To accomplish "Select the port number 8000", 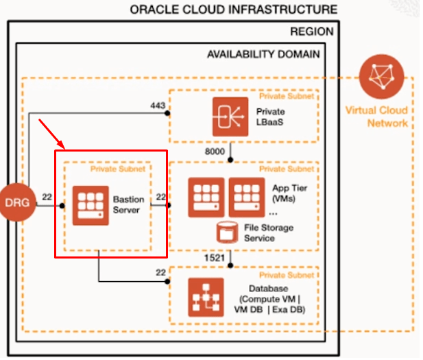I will pyautogui.click(x=216, y=149).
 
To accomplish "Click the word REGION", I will pyautogui.click(x=312, y=32).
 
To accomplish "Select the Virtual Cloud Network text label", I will pyautogui.click(x=376, y=117).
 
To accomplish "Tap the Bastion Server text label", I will pyautogui.click(x=129, y=204).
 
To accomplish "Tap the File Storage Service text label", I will pyautogui.click(x=269, y=232).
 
